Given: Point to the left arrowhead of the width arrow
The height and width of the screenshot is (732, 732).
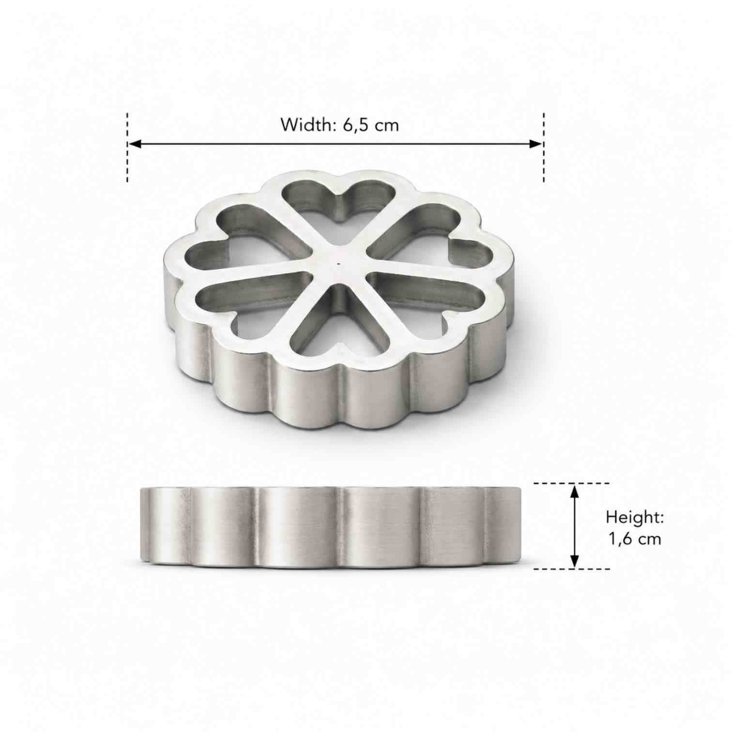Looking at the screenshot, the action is (x=134, y=144).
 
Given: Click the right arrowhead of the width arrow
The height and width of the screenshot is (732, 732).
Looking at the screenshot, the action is (x=536, y=144).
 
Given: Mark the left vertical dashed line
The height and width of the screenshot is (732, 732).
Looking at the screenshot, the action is (x=127, y=148).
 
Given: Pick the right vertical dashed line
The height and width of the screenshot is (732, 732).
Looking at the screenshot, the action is (x=544, y=148).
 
